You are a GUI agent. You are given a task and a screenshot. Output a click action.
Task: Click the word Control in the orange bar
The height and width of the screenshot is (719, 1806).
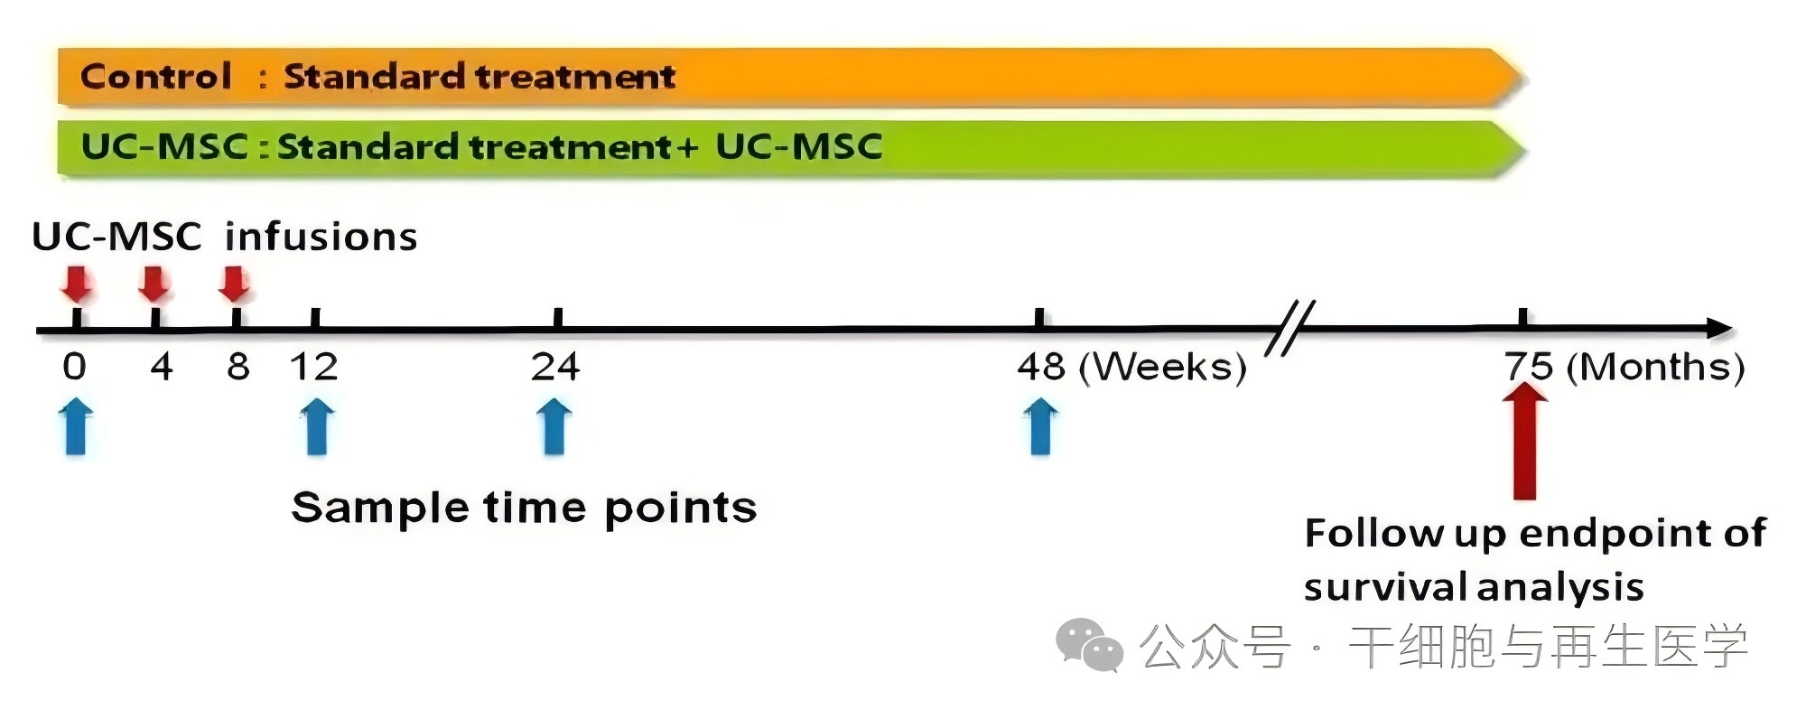[x=156, y=76]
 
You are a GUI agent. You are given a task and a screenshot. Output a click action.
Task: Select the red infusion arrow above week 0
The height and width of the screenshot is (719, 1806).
[x=77, y=284]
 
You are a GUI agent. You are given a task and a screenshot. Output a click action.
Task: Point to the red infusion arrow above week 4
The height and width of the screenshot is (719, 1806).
[x=154, y=284]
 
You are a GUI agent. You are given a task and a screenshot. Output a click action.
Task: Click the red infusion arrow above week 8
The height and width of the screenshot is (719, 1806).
[x=235, y=284]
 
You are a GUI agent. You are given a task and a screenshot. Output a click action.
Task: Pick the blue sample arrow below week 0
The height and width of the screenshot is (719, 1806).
[x=76, y=428]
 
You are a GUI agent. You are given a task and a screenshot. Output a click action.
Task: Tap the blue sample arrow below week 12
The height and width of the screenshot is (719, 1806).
[x=316, y=428]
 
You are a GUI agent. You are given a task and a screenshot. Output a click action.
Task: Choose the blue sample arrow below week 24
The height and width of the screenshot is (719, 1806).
[x=554, y=428]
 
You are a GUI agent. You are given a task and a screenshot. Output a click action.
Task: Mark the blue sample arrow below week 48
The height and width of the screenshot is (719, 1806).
[x=1040, y=428]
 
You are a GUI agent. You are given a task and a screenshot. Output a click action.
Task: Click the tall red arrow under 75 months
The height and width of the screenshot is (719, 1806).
[x=1525, y=441]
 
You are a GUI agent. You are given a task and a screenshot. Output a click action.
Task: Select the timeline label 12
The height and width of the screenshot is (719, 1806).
[x=313, y=367]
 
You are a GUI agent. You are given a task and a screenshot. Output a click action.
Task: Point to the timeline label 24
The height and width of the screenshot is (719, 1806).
[x=555, y=367]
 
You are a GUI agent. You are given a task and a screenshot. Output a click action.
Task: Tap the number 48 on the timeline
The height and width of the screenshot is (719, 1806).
[x=1041, y=367]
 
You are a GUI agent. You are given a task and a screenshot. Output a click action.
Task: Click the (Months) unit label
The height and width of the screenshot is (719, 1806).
[x=1655, y=368]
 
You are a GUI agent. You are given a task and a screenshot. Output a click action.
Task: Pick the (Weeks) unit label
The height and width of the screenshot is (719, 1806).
[x=1163, y=368]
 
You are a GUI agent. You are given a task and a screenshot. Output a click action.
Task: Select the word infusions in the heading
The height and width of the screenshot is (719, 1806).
[x=321, y=237]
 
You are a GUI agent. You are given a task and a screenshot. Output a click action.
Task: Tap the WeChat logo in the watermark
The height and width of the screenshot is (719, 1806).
[x=1088, y=645]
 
